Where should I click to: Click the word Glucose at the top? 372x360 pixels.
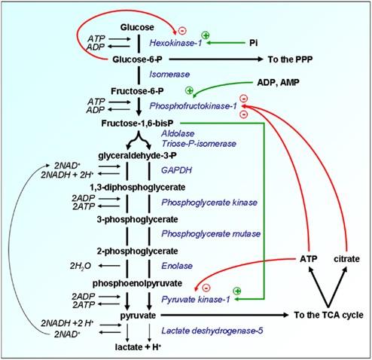tap(137, 27)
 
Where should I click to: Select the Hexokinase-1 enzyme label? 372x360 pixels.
tap(175, 43)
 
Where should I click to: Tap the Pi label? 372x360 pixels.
tap(254, 43)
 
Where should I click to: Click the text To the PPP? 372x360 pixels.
tap(290, 59)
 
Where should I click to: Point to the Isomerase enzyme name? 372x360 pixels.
tap(169, 75)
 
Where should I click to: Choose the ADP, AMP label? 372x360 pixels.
tap(278, 82)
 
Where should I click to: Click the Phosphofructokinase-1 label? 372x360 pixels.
tap(193, 106)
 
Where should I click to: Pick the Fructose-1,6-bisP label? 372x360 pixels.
tap(137, 124)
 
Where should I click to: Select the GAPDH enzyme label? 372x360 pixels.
tap(176, 170)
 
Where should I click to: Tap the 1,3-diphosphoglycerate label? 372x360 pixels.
tap(138, 188)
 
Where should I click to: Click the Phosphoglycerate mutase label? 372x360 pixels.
tap(211, 233)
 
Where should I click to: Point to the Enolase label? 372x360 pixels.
tap(177, 266)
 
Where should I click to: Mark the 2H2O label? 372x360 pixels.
tap(81, 266)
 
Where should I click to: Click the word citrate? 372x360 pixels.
tap(346, 259)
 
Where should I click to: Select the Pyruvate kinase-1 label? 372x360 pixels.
tap(196, 299)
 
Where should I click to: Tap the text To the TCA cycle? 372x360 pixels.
tap(328, 315)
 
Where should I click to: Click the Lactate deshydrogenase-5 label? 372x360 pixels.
tap(212, 331)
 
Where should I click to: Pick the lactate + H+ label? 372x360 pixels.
tap(138, 347)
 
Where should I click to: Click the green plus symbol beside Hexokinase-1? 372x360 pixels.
tap(206, 35)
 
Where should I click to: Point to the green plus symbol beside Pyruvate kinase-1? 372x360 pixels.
tap(237, 291)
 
